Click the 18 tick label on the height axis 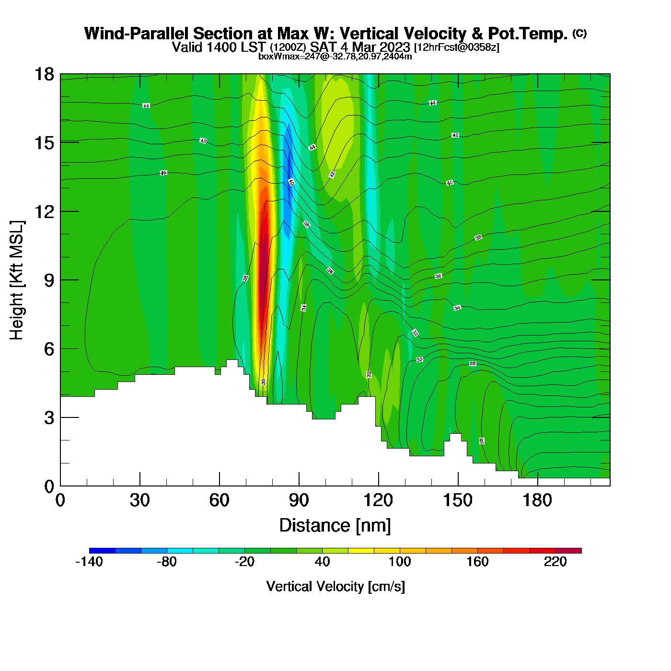pyautogui.click(x=44, y=74)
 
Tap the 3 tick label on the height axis pyautogui.click(x=49, y=418)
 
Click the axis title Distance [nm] pyautogui.click(x=335, y=525)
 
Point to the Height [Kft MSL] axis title pyautogui.click(x=17, y=280)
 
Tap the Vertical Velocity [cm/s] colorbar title pyautogui.click(x=335, y=587)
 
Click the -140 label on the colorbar pyautogui.click(x=89, y=562)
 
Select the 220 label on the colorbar pyautogui.click(x=555, y=562)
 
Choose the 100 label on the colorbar pyautogui.click(x=400, y=562)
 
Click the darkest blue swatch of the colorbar pyautogui.click(x=102, y=551)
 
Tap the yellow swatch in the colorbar pyautogui.click(x=361, y=551)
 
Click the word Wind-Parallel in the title pyautogui.click(x=138, y=34)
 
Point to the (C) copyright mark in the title pyautogui.click(x=579, y=33)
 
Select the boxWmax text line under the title pyautogui.click(x=335, y=56)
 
